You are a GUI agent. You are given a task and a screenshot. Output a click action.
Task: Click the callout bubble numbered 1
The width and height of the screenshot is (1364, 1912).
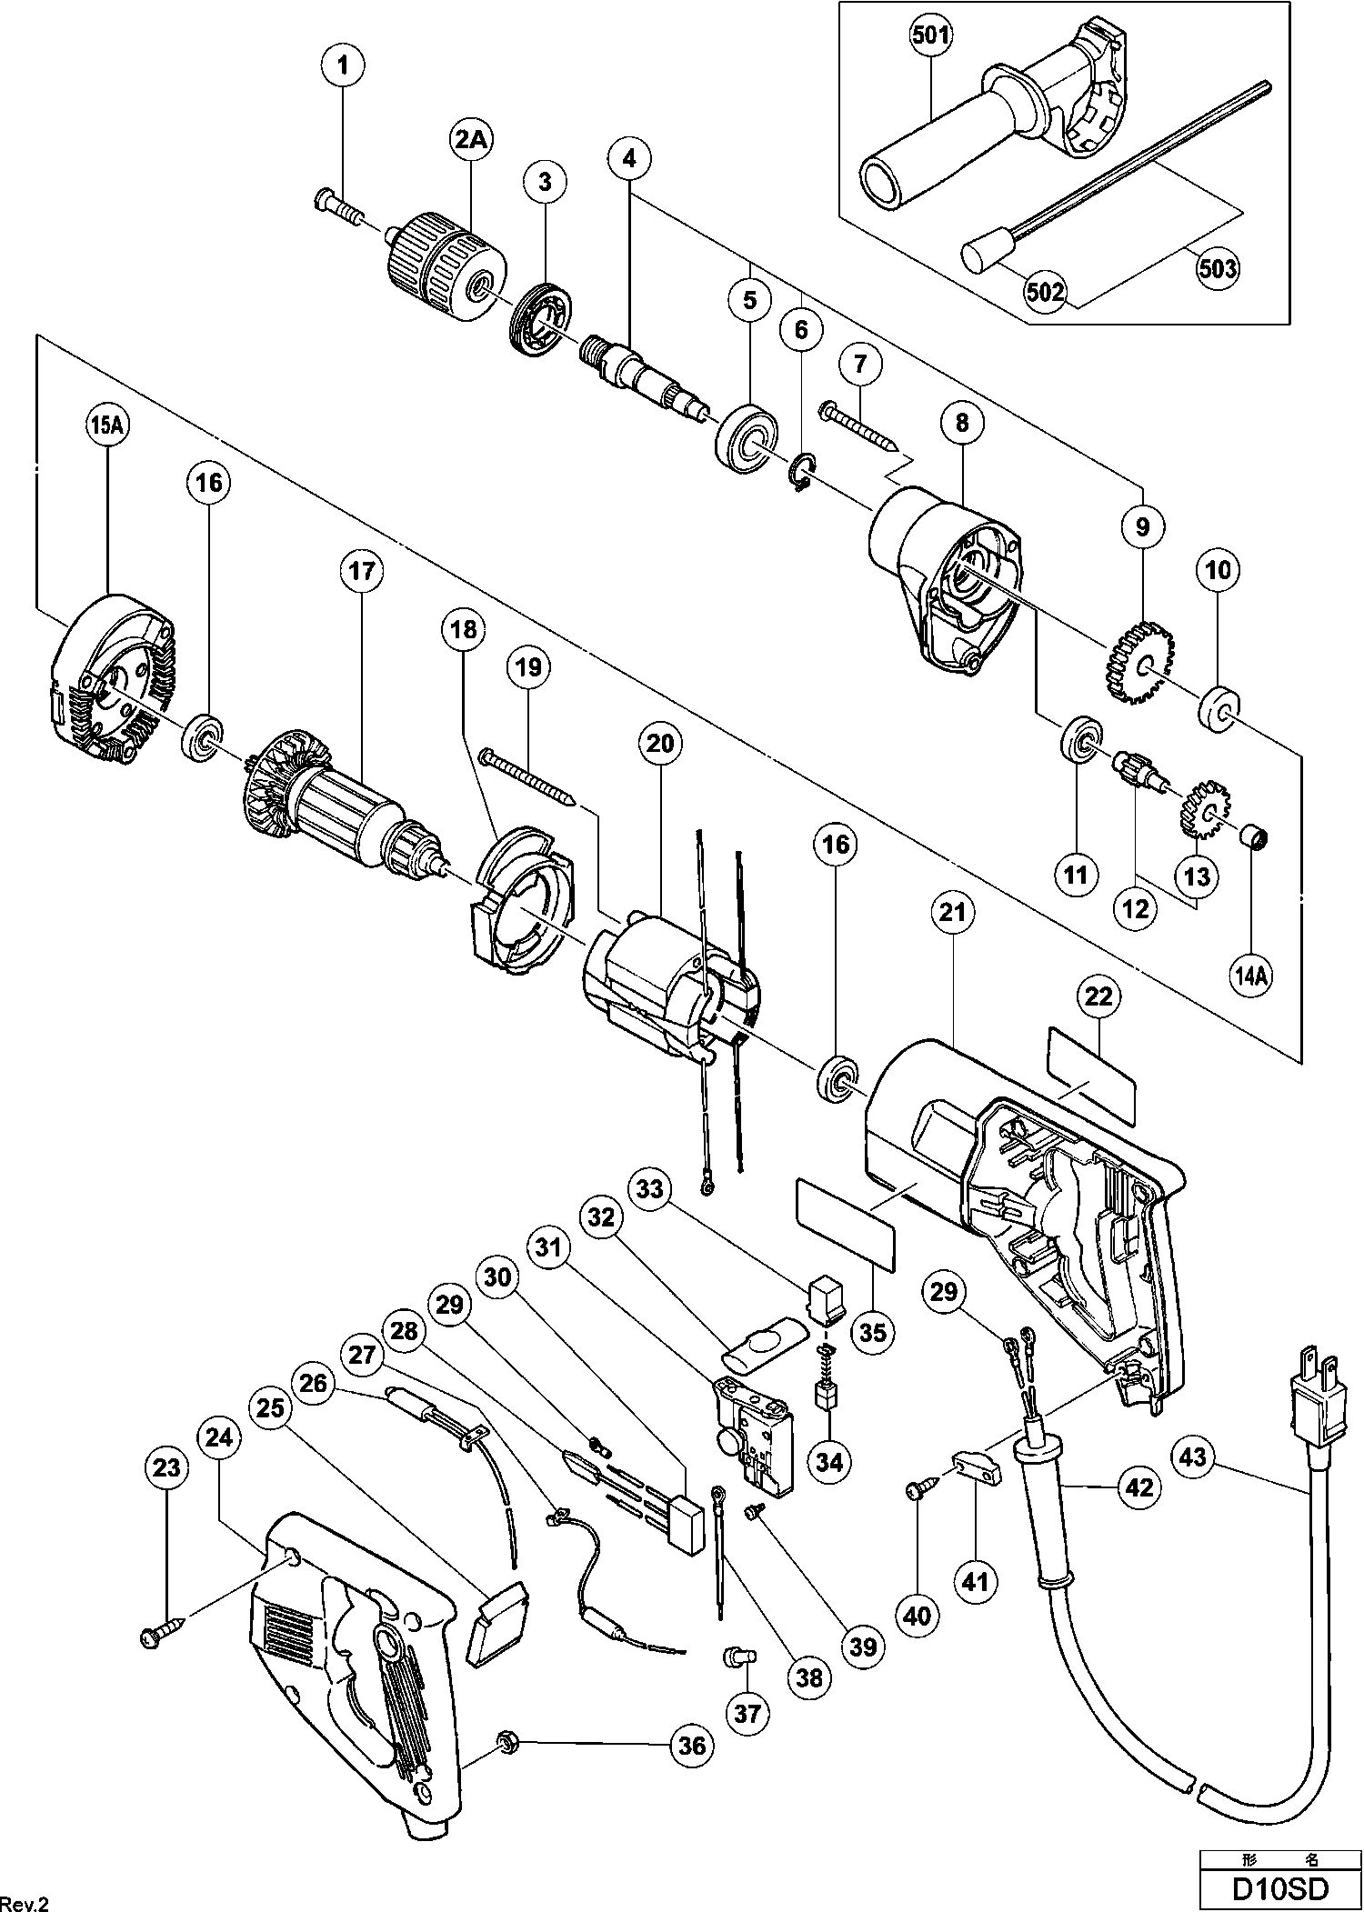point(343,66)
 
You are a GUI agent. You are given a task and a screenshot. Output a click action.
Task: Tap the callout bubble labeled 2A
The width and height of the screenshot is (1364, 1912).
point(471,140)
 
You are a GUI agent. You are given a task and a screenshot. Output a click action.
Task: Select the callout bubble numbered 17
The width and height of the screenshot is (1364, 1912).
point(361,571)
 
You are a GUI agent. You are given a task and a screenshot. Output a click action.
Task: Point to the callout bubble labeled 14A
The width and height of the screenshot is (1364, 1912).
point(1252,976)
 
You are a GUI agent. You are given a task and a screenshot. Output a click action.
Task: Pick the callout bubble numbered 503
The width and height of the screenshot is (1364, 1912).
point(1218,267)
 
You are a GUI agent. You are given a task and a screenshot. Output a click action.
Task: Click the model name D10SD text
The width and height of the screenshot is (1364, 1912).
point(1279,1888)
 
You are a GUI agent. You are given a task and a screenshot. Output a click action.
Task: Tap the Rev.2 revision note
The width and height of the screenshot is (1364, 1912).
point(25,1899)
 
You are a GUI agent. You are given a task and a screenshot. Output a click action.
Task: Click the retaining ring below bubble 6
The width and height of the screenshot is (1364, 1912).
point(799,476)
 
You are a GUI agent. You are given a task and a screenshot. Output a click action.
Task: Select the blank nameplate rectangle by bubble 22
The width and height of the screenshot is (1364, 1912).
point(1091,1074)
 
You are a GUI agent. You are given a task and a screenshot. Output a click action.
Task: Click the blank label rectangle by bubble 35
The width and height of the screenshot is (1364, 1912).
point(846,1223)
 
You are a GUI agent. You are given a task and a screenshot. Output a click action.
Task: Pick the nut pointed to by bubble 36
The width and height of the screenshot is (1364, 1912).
point(508,1745)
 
